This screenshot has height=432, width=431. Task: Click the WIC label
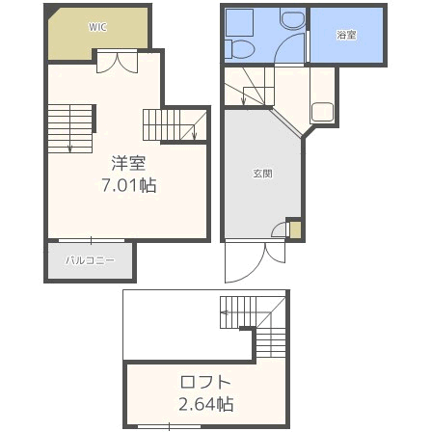97,27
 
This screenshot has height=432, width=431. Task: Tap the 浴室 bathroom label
346,35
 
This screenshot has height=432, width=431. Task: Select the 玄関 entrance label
263,174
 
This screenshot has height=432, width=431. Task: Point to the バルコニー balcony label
90,260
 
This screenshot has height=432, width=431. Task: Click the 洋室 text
128,163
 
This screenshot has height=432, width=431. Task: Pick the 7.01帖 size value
129,185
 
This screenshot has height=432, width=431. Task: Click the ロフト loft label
205,382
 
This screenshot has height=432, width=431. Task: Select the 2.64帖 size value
205,404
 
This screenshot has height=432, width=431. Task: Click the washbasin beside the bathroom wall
292,18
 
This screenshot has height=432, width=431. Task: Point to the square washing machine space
239,22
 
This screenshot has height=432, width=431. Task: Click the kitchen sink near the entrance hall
322,112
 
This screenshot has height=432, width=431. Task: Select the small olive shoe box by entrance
296,229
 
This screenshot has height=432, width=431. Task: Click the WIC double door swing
118,63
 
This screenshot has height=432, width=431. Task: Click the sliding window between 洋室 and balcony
92,240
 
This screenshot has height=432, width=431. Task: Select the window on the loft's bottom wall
170,427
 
